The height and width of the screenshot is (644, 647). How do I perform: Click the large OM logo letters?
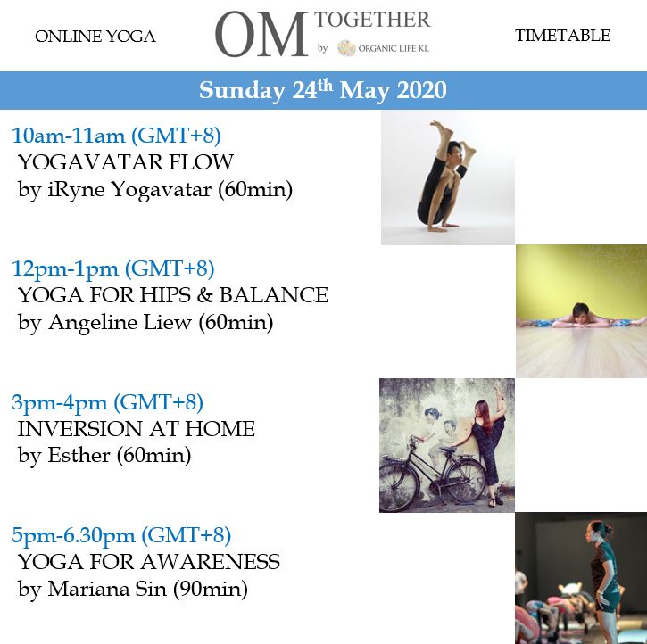[x=261, y=35]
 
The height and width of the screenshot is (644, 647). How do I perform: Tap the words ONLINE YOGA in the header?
[x=95, y=37]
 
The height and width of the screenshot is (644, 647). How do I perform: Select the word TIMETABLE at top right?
[x=562, y=36]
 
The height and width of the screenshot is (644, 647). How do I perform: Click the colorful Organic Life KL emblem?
[x=346, y=48]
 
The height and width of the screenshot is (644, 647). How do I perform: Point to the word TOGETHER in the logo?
[x=372, y=20]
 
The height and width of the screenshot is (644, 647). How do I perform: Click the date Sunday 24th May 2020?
[x=323, y=90]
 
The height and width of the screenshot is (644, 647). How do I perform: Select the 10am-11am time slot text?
[x=116, y=136]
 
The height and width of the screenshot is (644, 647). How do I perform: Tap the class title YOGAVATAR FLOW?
[x=126, y=162]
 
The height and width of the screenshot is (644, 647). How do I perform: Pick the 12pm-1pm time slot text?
[x=113, y=268]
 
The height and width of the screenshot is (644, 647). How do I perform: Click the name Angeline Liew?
[x=120, y=322]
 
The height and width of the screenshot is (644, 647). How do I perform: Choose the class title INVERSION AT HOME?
[x=137, y=429]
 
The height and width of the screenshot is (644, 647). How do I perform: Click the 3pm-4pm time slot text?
[x=107, y=402]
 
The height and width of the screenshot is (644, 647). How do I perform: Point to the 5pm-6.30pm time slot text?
[x=121, y=535]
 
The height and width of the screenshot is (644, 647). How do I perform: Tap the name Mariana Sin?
[x=107, y=589]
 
